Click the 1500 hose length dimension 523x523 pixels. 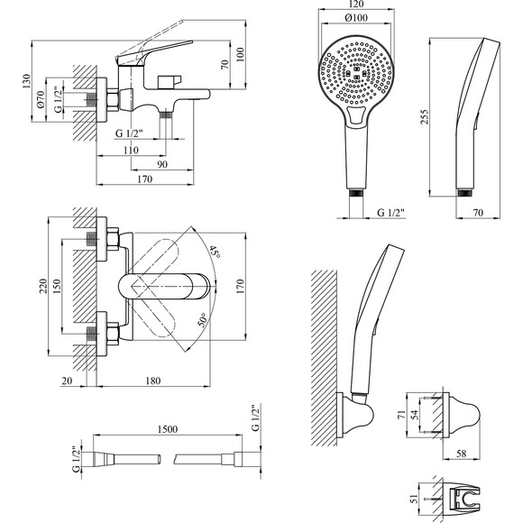pos(168,429)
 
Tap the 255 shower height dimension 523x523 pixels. pos(424,116)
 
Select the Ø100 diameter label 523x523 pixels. pos(356,18)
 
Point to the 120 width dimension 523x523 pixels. pos(356,4)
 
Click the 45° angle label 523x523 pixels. pos(215,252)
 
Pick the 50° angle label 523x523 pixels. pos(202,319)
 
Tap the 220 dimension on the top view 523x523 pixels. pos(43,286)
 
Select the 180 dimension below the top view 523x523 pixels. pos(153,381)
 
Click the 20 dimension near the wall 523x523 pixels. pos(67,381)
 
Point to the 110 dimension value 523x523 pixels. pos(131,150)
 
